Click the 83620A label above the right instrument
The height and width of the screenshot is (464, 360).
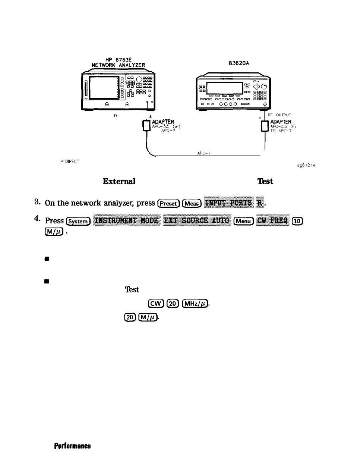pos(239,63)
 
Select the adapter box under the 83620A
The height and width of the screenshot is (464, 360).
pos(265,126)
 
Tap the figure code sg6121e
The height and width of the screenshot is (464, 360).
pos(306,165)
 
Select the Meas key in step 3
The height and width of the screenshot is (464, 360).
pos(192,203)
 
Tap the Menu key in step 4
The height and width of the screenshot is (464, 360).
pos(243,221)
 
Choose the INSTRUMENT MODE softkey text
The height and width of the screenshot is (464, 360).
pos(127,221)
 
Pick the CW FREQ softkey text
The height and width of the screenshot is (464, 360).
pos(274,221)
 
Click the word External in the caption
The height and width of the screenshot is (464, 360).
pos(119,181)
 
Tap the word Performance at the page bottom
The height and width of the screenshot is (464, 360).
pos(72,446)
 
